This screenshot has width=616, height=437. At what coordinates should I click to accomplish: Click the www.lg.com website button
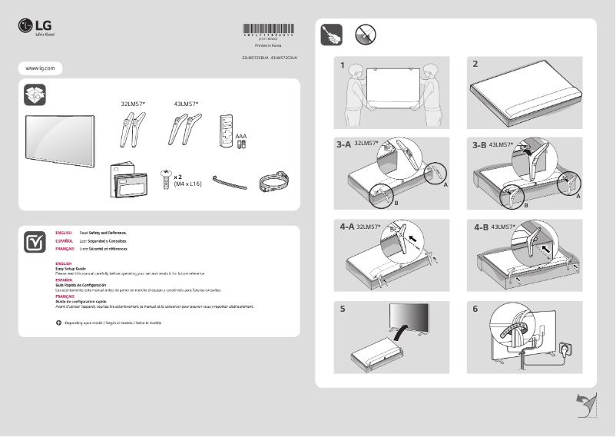click(x=39, y=68)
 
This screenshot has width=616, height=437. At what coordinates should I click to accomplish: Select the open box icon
click(x=35, y=94)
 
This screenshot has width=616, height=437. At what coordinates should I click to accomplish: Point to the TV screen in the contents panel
click(x=60, y=138)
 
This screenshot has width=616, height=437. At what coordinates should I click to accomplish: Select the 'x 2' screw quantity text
click(x=178, y=176)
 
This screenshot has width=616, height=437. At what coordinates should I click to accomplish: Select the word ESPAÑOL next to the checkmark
click(x=64, y=240)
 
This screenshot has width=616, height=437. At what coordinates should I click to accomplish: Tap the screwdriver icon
click(x=332, y=35)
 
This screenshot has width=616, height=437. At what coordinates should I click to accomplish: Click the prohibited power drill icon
click(x=366, y=35)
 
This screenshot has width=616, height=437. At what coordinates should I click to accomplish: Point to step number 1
click(x=343, y=65)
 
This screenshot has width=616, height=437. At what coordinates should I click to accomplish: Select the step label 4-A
click(x=347, y=227)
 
